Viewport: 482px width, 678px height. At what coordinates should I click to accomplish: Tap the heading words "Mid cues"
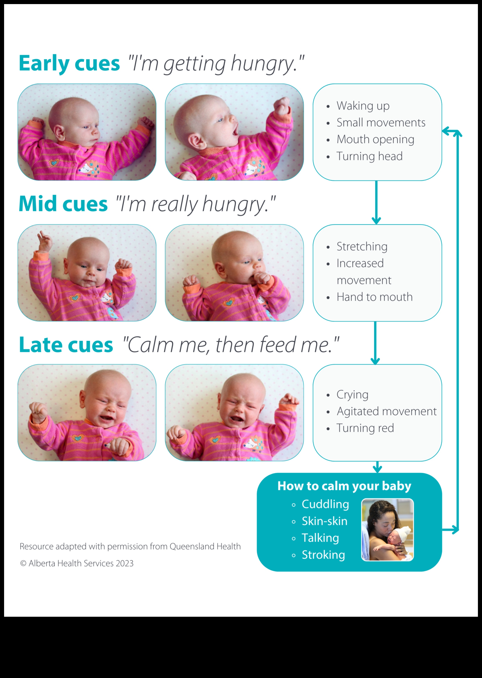[63, 204]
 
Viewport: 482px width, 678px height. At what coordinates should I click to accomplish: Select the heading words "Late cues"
[66, 345]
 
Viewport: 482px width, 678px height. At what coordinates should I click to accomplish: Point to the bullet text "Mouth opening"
[376, 139]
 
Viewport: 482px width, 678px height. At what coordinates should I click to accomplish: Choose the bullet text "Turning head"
[370, 156]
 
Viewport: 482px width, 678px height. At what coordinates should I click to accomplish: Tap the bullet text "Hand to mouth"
[374, 297]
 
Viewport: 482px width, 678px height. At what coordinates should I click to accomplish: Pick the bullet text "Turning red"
[365, 428]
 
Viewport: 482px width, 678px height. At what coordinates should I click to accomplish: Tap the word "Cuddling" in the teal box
[325, 504]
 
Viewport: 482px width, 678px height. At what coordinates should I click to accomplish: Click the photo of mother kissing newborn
[387, 530]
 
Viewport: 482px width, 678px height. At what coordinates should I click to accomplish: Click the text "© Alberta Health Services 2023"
[77, 563]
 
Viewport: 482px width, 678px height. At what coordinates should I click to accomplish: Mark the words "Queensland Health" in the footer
[205, 546]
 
